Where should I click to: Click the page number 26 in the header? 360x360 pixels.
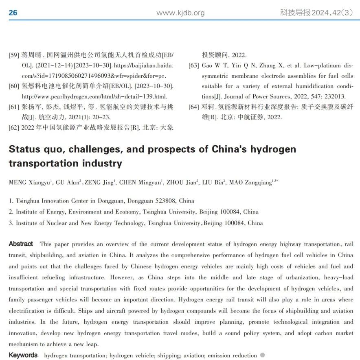click(x=13, y=13)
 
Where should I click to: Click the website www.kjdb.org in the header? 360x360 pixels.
click(x=180, y=13)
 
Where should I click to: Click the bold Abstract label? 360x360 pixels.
click(x=21, y=244)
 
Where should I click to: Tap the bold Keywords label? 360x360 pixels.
click(x=23, y=355)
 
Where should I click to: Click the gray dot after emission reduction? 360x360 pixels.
click(x=263, y=355)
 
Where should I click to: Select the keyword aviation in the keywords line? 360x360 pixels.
click(x=192, y=355)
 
